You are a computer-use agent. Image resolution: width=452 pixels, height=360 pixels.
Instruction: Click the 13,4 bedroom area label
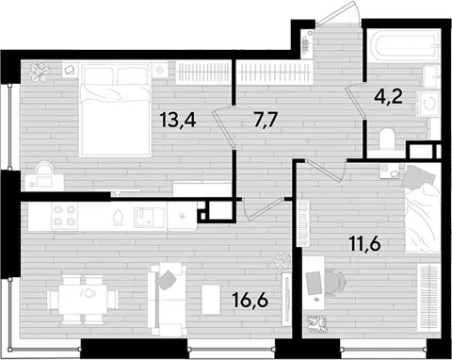point(178,120)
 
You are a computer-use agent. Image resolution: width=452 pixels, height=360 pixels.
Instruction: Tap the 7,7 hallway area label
point(266,120)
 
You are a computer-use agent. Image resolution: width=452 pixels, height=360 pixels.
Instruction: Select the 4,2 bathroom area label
point(388,96)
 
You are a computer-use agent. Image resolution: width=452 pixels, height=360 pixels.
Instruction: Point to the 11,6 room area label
point(364,244)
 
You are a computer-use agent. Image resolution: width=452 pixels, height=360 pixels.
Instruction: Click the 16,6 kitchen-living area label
point(250,300)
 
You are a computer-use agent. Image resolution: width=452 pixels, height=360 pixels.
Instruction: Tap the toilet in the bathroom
point(388,139)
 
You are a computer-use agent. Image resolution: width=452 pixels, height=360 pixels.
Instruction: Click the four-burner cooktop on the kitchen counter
point(65,217)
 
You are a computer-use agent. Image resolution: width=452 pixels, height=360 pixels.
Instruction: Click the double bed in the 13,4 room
point(115,109)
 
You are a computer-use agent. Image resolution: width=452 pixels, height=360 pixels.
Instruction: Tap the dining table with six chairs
point(83,299)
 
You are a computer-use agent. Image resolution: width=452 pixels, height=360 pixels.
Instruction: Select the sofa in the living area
point(167,299)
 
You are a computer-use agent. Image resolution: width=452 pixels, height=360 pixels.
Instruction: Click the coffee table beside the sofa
point(211,299)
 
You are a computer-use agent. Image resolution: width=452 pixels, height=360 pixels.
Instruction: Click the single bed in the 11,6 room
point(422,208)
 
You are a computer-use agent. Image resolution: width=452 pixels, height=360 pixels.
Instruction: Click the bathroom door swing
point(355,100)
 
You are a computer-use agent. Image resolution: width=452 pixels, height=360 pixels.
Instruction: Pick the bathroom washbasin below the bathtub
point(431,77)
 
